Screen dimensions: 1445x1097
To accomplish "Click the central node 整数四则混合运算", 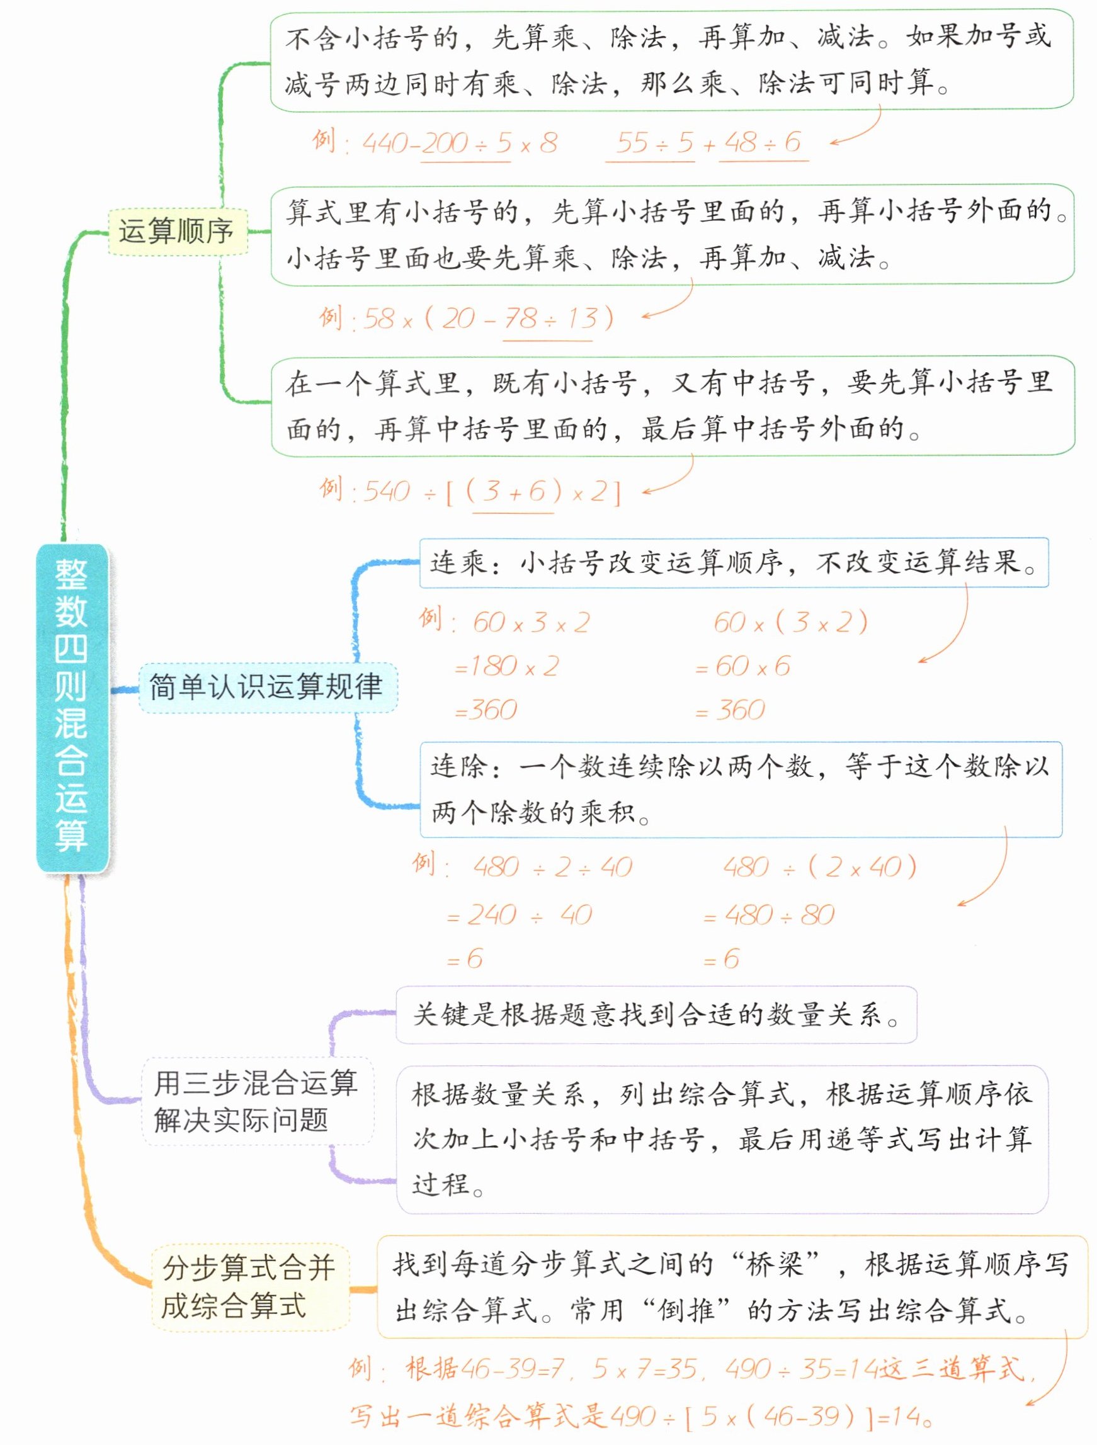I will [x=71, y=707].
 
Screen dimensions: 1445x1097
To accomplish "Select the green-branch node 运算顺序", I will [x=177, y=231].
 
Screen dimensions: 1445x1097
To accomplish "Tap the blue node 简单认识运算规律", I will [x=266, y=687].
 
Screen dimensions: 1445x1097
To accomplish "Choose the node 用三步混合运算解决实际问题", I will [x=257, y=1101].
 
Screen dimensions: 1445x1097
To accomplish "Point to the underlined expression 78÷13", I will [x=547, y=319].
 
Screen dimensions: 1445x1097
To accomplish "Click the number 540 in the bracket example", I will [x=387, y=492].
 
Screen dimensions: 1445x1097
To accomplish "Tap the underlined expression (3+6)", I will [x=513, y=492].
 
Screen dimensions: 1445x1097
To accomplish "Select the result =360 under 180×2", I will [x=487, y=710].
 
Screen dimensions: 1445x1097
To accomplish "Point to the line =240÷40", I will [x=520, y=915].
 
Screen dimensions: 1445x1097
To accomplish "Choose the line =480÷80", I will [x=770, y=915].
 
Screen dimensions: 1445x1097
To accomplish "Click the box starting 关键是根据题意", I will [x=656, y=1014].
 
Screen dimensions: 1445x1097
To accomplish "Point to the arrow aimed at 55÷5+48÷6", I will [x=856, y=129].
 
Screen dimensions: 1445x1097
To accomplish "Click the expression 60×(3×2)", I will [x=790, y=623].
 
